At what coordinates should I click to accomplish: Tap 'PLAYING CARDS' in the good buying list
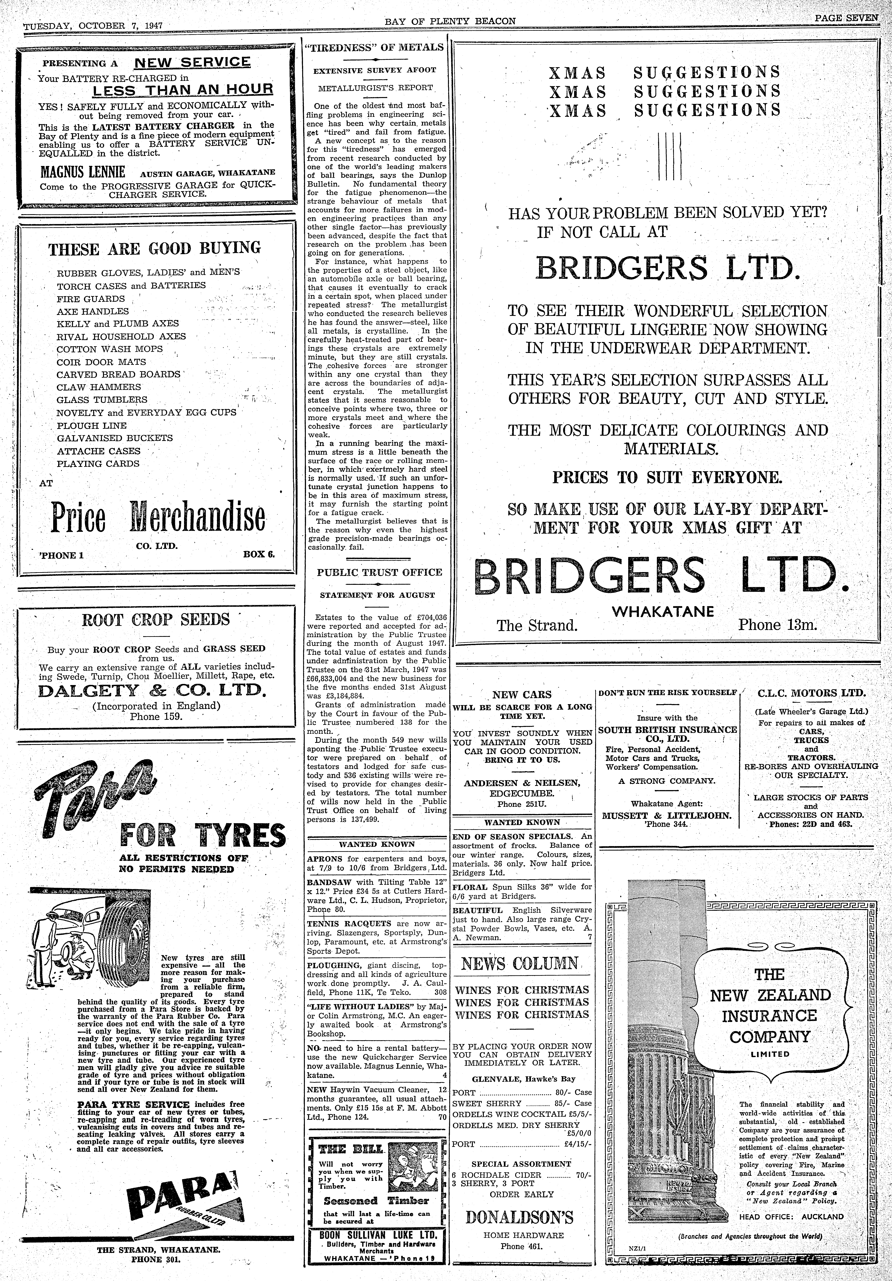click(x=98, y=464)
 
